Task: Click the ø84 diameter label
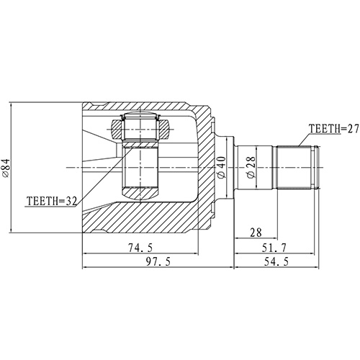pos(6,167)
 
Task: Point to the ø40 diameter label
pos(221,167)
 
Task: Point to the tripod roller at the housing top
pos(140,128)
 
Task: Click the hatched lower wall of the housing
pos(144,216)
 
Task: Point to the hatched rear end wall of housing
pos(205,167)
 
